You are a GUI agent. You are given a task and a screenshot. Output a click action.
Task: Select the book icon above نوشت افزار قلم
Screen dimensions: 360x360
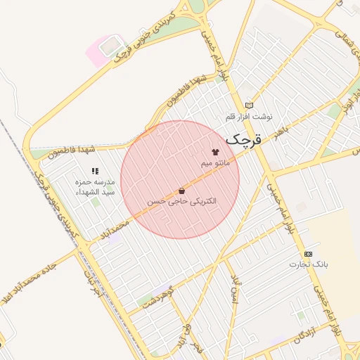tap(249, 105)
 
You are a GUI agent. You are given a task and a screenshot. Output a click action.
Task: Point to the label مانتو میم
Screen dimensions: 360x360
tap(215, 163)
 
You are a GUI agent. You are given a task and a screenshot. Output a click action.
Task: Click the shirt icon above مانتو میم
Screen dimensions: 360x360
tap(215, 152)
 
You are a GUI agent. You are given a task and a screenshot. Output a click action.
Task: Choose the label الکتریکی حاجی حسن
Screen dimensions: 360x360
tap(182, 201)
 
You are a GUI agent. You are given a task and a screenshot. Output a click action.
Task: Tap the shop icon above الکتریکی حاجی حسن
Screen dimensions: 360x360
tap(182, 191)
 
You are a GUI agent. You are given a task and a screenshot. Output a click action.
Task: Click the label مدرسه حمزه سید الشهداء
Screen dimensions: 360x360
tap(94, 187)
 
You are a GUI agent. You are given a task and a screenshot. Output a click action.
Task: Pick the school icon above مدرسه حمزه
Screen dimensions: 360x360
tap(94, 170)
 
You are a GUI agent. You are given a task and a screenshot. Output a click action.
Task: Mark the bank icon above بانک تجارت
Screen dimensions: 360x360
tap(308, 253)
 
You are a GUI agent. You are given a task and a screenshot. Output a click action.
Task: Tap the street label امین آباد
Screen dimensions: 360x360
tap(234, 286)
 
